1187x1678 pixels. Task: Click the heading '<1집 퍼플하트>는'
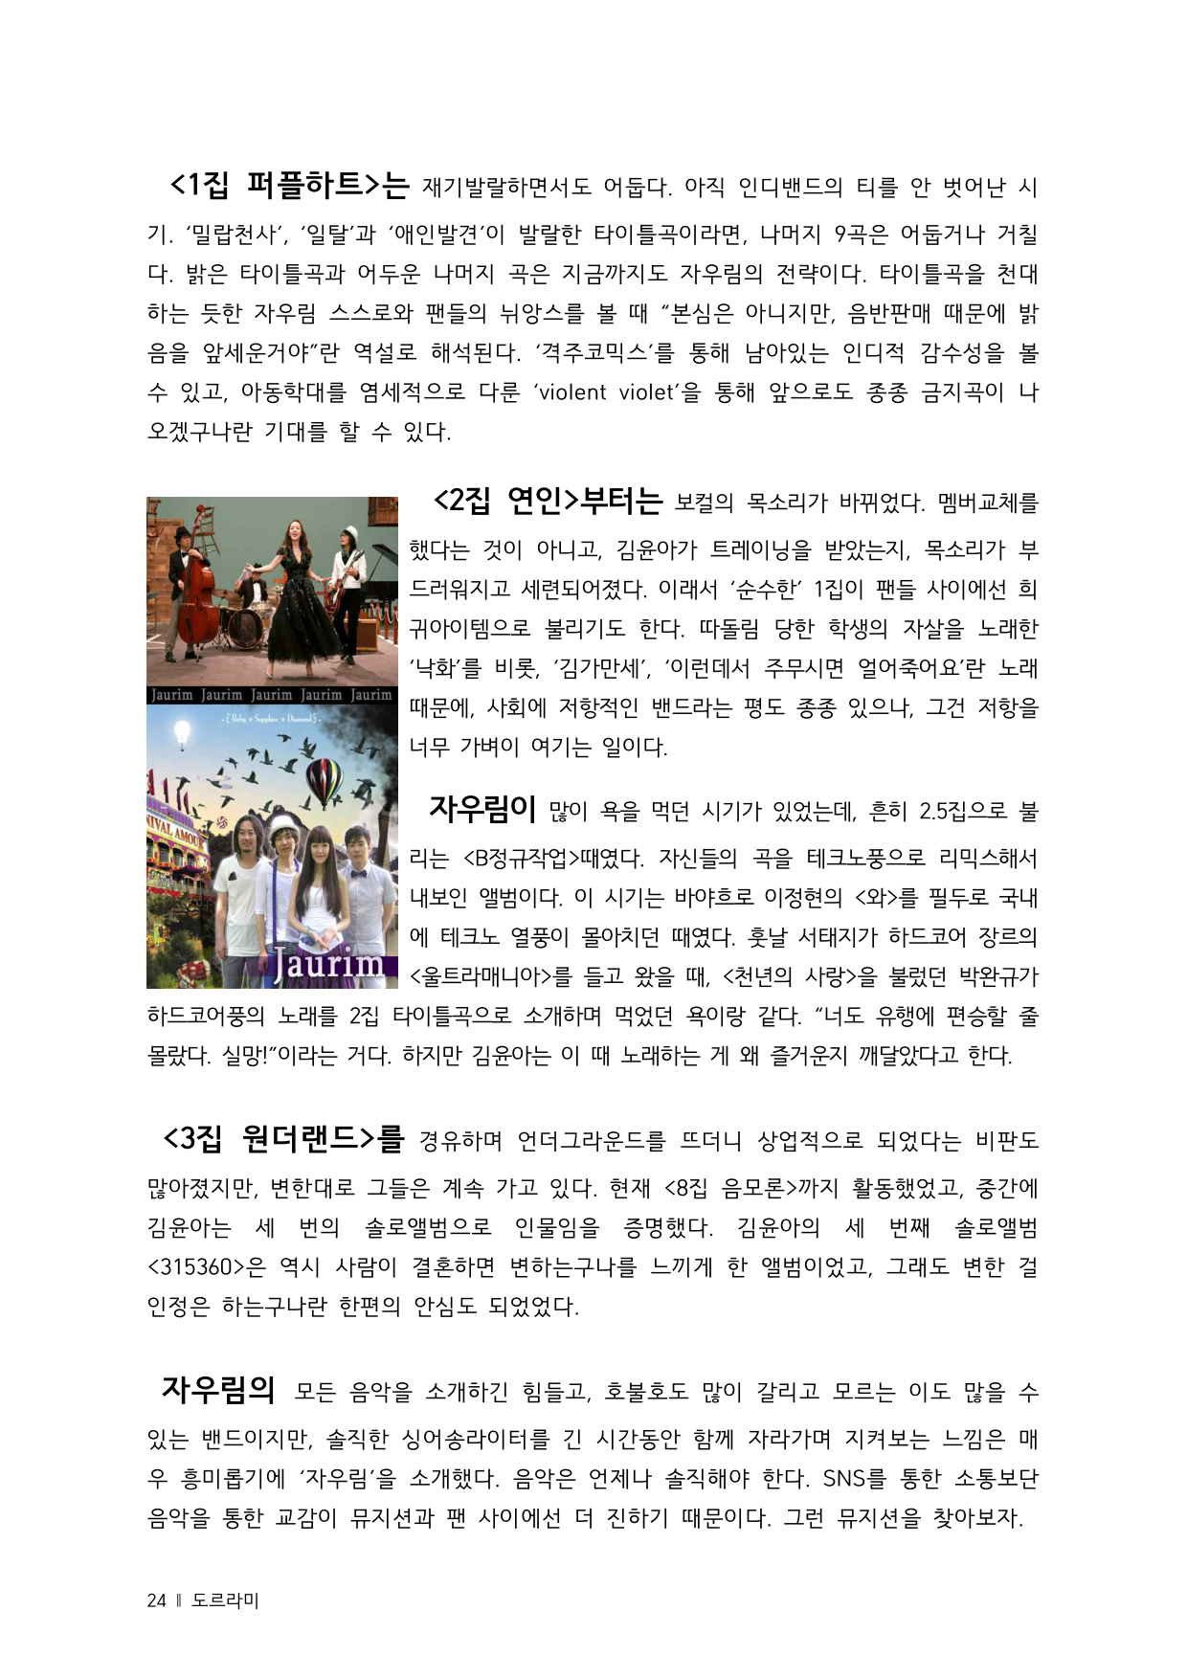tap(289, 184)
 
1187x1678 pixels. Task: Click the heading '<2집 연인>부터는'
tap(548, 500)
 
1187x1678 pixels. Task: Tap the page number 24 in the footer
tap(156, 1600)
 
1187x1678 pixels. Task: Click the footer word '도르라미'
tap(225, 1600)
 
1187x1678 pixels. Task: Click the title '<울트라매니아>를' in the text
tap(490, 977)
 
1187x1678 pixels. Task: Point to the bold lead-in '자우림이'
tap(482, 809)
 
